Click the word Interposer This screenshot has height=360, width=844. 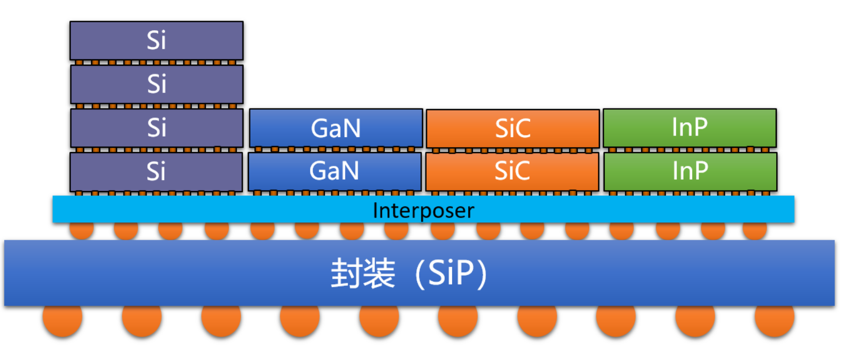(x=423, y=210)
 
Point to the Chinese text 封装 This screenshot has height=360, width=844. (x=363, y=273)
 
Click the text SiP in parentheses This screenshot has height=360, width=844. (x=451, y=273)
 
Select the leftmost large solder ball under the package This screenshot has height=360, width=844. (x=62, y=319)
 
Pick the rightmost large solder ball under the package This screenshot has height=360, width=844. (x=774, y=319)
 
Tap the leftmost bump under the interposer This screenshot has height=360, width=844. (x=82, y=230)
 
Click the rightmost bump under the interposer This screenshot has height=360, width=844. (x=754, y=230)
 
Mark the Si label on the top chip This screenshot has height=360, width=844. (x=156, y=41)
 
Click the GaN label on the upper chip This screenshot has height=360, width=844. (x=336, y=128)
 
